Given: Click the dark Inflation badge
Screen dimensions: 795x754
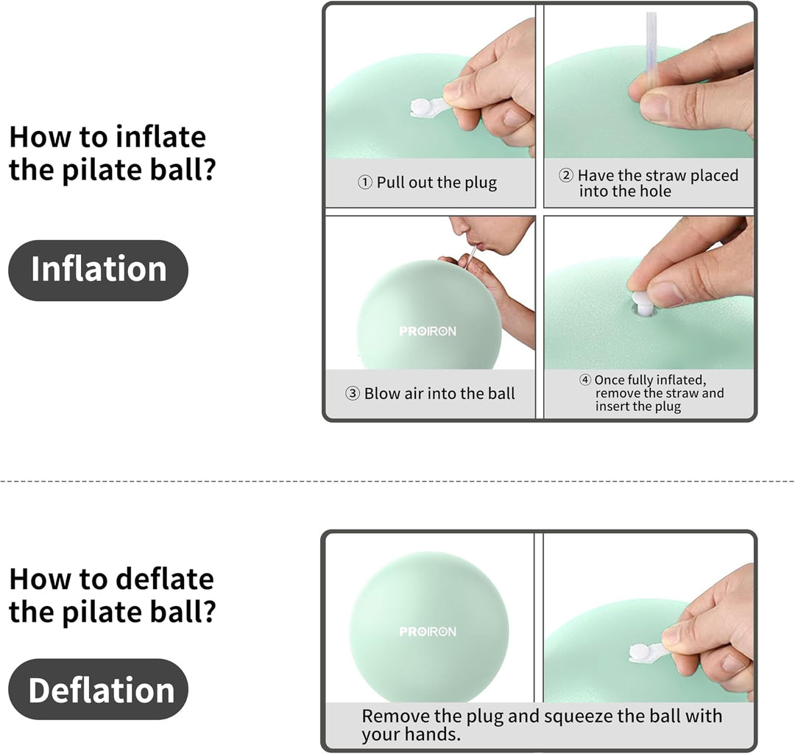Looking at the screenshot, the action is (99, 270).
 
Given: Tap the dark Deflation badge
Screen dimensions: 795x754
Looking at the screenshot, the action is (99, 689).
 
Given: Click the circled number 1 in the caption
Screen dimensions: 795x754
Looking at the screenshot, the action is (365, 183).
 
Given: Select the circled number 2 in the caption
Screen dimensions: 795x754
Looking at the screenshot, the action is (566, 175).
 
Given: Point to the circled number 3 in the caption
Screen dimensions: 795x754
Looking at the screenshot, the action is (353, 393).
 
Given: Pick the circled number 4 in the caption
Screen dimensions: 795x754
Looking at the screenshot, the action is (585, 380).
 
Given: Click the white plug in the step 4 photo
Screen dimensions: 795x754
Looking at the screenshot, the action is (643, 303).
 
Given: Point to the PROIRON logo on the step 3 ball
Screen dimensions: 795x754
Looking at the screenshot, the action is (428, 331).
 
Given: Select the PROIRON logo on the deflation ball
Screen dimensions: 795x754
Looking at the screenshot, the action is (428, 631).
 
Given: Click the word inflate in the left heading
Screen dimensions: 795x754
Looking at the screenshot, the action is (160, 137).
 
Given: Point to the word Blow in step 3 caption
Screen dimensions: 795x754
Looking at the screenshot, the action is (382, 393).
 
